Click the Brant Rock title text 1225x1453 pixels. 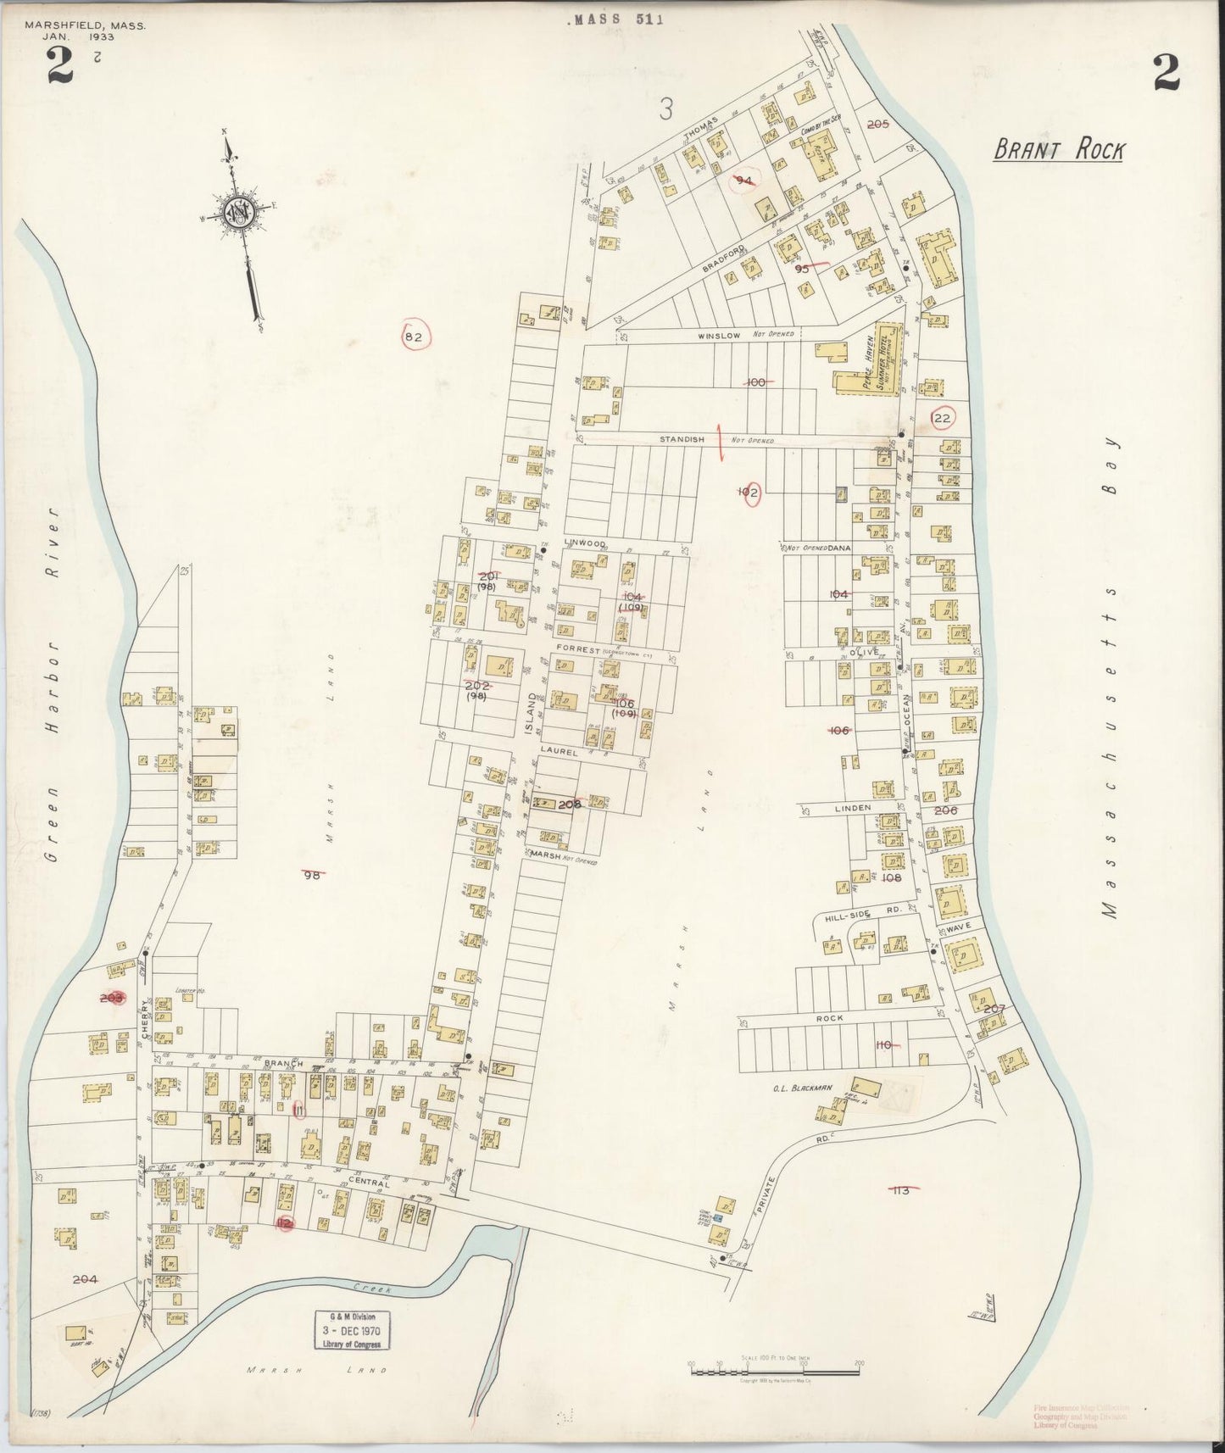point(1059,151)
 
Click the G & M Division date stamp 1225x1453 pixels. point(348,1328)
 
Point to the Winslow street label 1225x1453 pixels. point(719,336)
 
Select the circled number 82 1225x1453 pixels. point(414,337)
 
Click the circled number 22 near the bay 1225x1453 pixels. point(942,418)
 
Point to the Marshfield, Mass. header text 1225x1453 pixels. point(85,25)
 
